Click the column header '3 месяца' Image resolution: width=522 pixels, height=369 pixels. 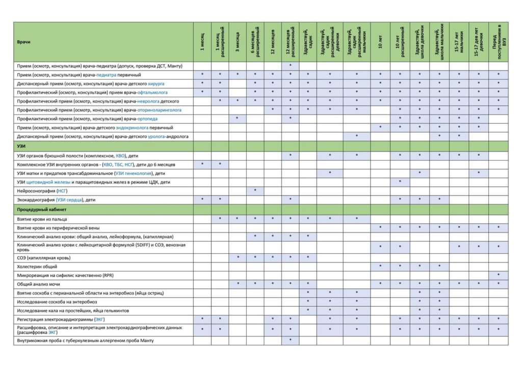(x=238, y=41)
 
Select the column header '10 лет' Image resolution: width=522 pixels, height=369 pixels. (x=380, y=41)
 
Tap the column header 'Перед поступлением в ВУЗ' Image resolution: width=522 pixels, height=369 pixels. (x=498, y=41)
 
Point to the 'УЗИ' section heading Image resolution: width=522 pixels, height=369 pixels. (x=22, y=146)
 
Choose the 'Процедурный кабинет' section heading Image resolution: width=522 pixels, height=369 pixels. (x=40, y=209)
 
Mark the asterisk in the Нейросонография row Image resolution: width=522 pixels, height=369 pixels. (x=255, y=191)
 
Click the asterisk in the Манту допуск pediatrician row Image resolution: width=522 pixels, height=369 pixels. (x=290, y=66)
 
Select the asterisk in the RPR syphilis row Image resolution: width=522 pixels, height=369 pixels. (x=498, y=275)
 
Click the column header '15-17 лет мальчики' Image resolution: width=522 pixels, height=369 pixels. (x=458, y=41)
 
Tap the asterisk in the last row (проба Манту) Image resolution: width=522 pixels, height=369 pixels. (x=290, y=340)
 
